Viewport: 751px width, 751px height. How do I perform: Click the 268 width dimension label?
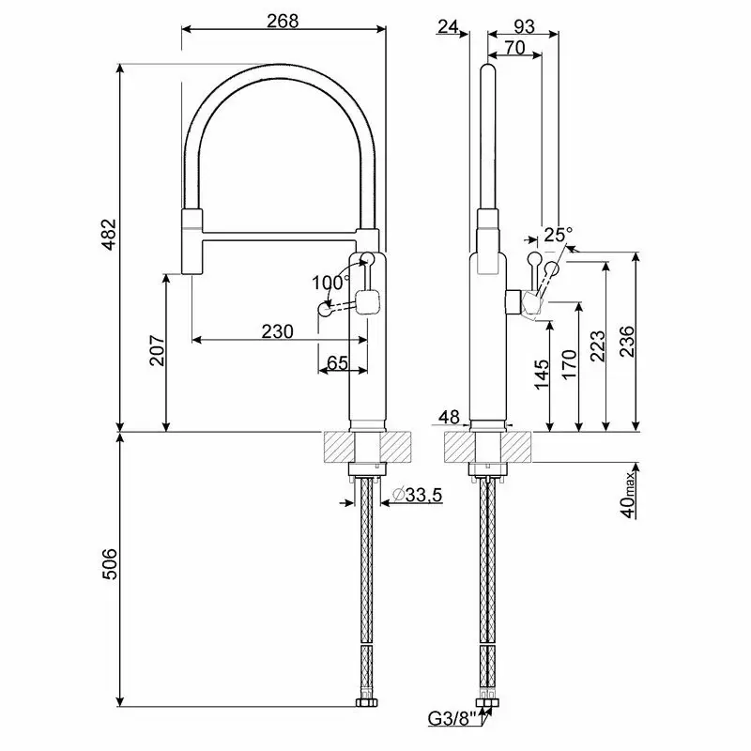(283, 21)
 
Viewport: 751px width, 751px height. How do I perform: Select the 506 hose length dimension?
(111, 564)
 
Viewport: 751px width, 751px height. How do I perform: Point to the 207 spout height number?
(158, 351)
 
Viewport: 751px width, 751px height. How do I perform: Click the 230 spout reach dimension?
(277, 331)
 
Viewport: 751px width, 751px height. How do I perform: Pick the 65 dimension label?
(337, 362)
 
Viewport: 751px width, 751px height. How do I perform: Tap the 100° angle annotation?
(330, 283)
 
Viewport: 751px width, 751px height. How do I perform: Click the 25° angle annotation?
(558, 234)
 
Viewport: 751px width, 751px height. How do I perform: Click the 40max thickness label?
(629, 495)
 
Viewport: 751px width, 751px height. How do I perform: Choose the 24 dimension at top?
(448, 26)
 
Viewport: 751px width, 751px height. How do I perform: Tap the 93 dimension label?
(523, 27)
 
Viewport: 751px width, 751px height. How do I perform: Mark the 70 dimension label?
(514, 48)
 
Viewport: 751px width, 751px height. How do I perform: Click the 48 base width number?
(450, 417)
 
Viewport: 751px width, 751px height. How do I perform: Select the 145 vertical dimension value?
(542, 374)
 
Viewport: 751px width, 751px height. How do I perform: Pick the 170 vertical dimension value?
(569, 364)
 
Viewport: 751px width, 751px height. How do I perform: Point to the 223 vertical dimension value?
(598, 345)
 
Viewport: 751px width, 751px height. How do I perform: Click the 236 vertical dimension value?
(627, 341)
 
